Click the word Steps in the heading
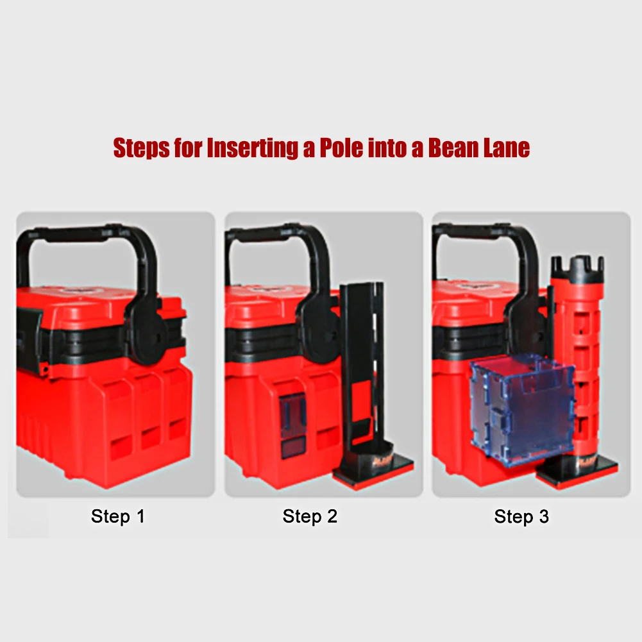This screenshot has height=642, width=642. pyautogui.click(x=141, y=148)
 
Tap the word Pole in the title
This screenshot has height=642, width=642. pyautogui.click(x=341, y=148)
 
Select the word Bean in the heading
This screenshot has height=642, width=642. pyautogui.click(x=453, y=148)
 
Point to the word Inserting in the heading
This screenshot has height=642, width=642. pyautogui.click(x=253, y=148)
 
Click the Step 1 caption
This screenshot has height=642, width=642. pyautogui.click(x=118, y=516)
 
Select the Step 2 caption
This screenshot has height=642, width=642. pyautogui.click(x=310, y=516)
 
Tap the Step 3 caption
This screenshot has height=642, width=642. pyautogui.click(x=521, y=516)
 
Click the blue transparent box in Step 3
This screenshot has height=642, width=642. pyautogui.click(x=522, y=409)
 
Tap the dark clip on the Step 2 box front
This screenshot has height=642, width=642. pyautogui.click(x=292, y=426)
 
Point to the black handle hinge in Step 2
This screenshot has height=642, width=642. pyautogui.click(x=319, y=328)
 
